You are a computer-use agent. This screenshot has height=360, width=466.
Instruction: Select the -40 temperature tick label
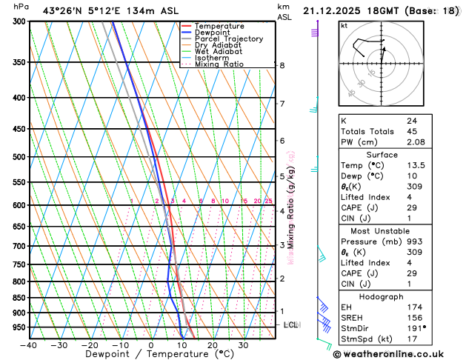click(29, 344)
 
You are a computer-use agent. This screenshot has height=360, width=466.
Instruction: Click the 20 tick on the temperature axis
click(213, 344)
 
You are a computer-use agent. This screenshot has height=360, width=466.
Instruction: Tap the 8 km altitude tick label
click(282, 65)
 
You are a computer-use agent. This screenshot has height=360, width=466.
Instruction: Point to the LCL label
click(291, 325)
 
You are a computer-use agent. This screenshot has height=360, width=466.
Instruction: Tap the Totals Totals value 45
click(411, 131)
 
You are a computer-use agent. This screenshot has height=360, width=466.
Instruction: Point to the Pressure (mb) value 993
click(413, 241)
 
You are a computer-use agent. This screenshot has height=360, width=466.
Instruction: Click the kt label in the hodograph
click(344, 25)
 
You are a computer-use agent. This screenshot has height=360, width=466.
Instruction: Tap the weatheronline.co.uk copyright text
click(395, 353)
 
